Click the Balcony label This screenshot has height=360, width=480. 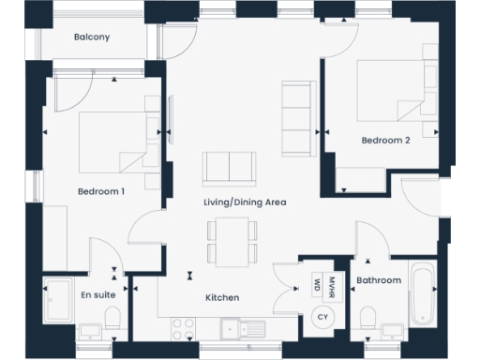[x=92, y=37]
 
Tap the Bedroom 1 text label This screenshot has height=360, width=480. [x=101, y=191]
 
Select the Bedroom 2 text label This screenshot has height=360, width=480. [x=385, y=141]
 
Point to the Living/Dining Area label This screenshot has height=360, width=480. [x=245, y=202]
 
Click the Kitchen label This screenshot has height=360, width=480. [x=222, y=297]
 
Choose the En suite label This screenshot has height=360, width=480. [x=97, y=295]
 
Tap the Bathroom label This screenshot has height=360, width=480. [x=379, y=280]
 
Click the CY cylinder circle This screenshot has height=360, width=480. [x=322, y=318]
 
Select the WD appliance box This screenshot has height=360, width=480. [x=318, y=283]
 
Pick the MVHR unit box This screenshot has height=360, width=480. [x=332, y=283]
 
